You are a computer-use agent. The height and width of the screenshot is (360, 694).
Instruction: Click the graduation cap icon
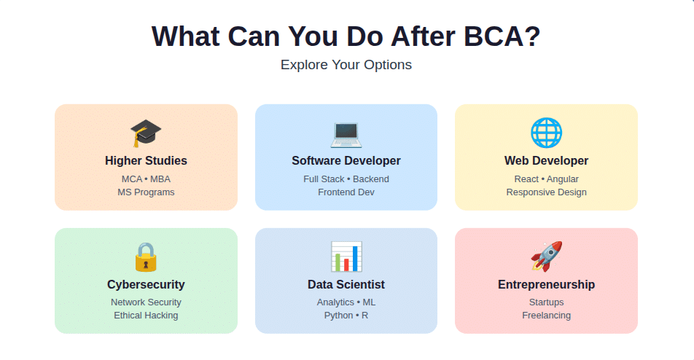146,133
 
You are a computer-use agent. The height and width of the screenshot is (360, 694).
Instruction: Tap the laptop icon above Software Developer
346,134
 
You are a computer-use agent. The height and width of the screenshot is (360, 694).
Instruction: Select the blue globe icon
546,133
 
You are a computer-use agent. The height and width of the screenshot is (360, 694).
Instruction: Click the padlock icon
146,257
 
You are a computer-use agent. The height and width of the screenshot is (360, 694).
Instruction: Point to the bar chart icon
346,257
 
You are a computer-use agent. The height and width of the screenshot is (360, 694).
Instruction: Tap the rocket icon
546,257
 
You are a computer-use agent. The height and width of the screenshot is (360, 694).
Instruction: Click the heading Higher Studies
146,160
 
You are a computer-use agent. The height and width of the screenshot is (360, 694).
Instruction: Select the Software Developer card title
346,160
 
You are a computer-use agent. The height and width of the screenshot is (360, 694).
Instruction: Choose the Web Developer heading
546,160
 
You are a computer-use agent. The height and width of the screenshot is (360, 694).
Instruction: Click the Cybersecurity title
146,284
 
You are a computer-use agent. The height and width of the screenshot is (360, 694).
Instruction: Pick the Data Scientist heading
346,284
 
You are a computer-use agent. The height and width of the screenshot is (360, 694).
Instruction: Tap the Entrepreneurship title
546,284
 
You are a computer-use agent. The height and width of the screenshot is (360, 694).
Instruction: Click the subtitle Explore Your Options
346,65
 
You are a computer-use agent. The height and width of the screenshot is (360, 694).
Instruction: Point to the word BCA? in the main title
502,36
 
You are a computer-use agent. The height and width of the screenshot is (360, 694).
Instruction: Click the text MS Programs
146,192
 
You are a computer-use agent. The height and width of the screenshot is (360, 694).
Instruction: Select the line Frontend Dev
346,192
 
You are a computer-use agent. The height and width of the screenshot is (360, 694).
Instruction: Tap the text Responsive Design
546,192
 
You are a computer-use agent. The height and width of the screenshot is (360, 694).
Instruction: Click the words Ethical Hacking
146,316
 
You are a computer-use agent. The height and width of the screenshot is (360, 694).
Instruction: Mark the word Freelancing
546,316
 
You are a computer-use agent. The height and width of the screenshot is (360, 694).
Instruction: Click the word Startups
546,302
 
